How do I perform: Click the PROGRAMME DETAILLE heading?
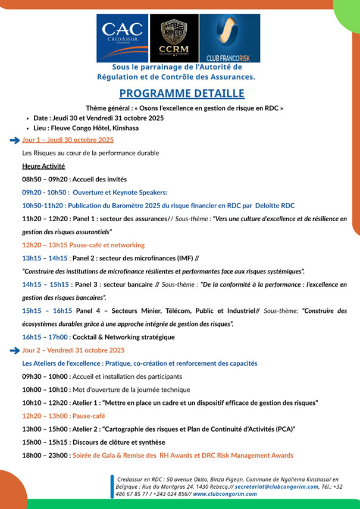(181, 93)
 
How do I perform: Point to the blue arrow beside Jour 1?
(14, 140)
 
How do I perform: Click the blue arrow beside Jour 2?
(14, 350)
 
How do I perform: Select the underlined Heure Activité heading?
(43, 166)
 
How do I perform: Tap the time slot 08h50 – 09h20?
(45, 179)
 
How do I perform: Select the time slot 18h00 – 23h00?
(45, 455)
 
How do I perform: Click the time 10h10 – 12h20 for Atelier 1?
(45, 403)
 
